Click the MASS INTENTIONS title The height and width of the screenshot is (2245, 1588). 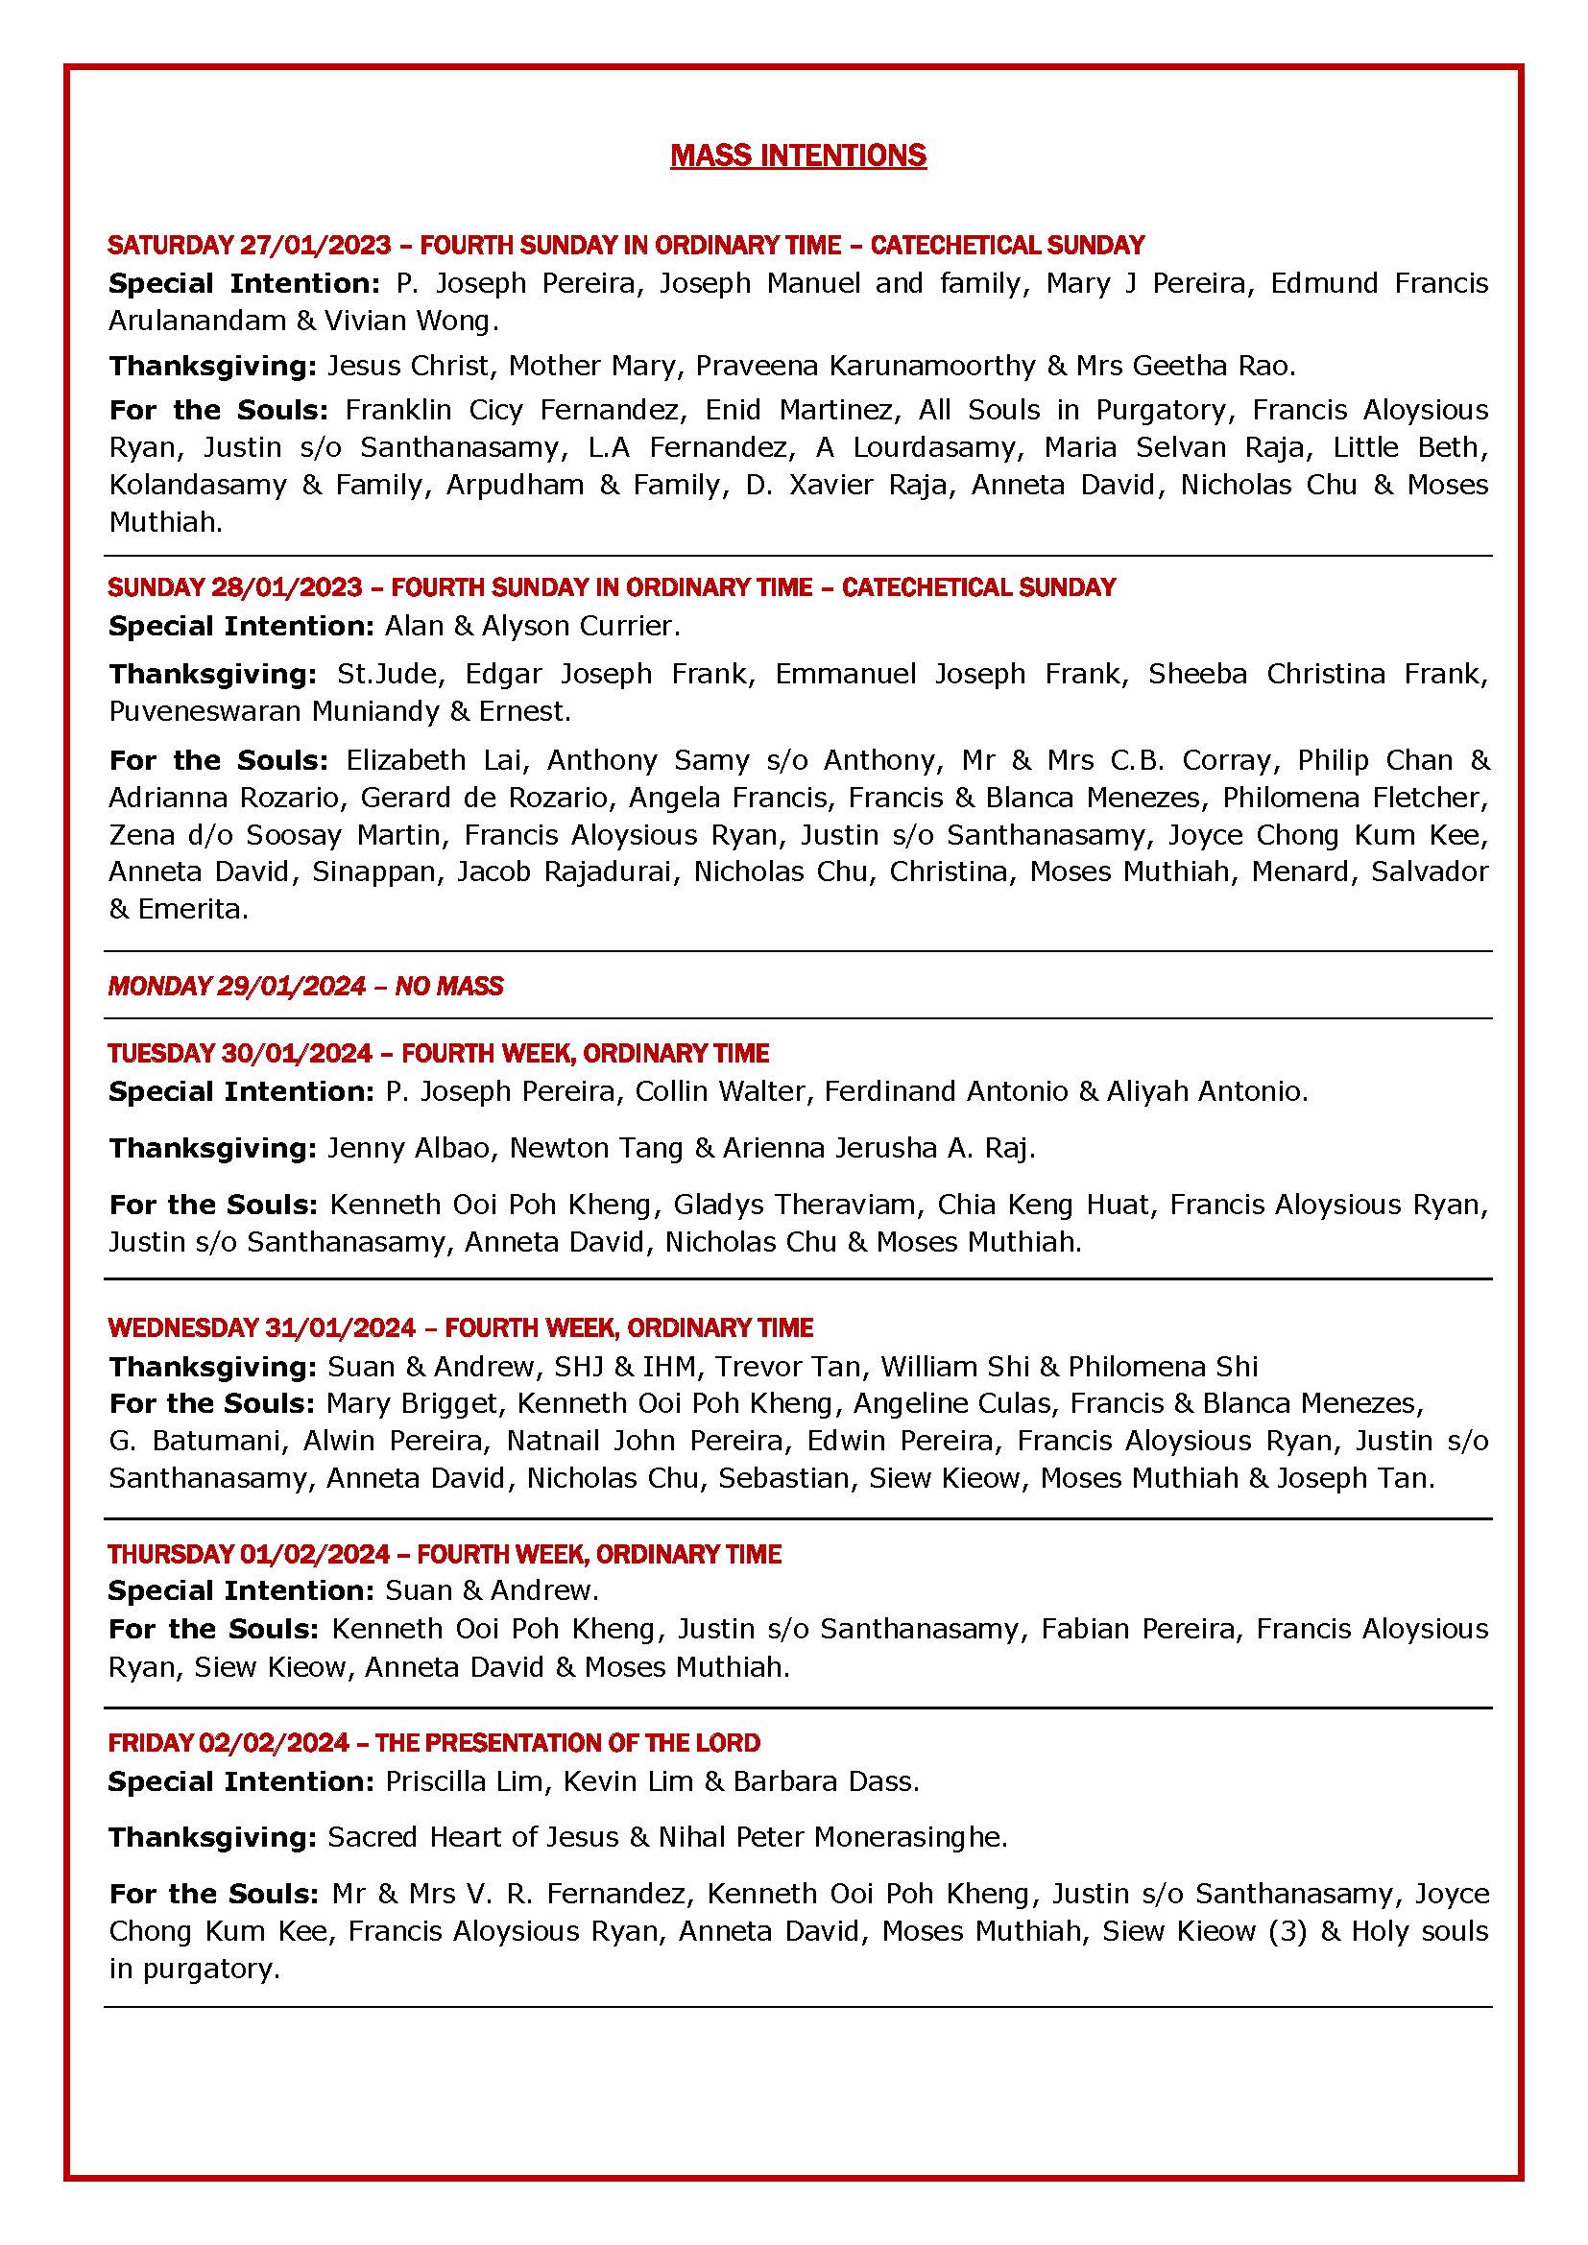tap(798, 155)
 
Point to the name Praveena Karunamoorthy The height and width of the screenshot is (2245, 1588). tap(865, 366)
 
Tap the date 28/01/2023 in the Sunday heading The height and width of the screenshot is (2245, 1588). tap(286, 587)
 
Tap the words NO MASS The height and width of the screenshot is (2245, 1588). tap(448, 986)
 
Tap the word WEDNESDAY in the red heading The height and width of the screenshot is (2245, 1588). tap(182, 1327)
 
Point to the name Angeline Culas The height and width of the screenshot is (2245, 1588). tap(953, 1404)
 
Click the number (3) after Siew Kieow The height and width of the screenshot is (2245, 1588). tap(1287, 1931)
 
